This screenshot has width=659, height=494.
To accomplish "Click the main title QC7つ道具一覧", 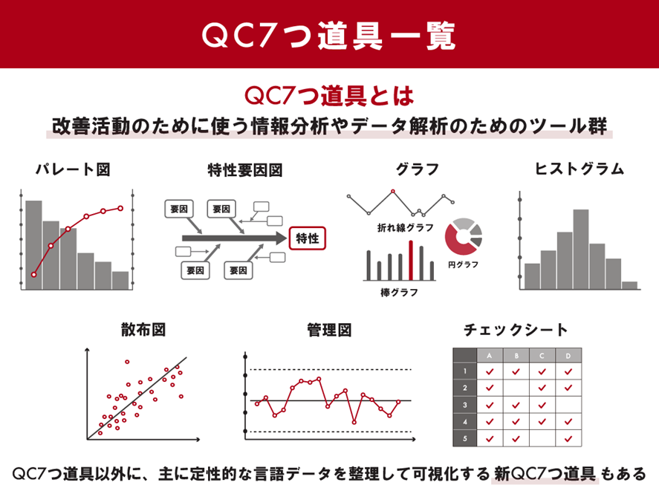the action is pos(329,36).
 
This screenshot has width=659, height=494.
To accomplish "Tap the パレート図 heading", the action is pos(73,169).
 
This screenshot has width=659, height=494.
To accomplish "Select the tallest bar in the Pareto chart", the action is pos(33,245).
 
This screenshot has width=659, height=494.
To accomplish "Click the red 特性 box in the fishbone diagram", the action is pos(308,238).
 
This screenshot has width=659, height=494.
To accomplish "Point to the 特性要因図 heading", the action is pos(245,170).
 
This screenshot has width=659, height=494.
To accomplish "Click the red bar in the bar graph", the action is pos(411,261).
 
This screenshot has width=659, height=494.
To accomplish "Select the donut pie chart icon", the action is pos(464,236).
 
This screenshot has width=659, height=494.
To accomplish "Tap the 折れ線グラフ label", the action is pos(405,227).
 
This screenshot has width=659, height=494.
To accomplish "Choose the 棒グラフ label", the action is pos(399,293).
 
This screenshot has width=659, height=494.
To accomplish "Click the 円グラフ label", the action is pos(463,264).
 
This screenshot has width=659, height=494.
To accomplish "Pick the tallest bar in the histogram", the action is pos(580,250).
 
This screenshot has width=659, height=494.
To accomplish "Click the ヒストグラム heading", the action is pos(580,169).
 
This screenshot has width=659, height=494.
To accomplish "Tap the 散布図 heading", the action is pos(143,330).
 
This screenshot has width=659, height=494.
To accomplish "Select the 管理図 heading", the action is pos(329,330).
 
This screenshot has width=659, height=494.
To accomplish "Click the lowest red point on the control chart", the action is pos(354,422).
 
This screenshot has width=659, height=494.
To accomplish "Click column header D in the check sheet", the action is pos(568,356).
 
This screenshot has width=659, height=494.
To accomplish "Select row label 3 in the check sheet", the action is pos(465,405).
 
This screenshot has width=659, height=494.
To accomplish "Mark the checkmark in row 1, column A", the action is pos(490,371).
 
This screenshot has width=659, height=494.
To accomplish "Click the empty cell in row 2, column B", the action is pos(516,388).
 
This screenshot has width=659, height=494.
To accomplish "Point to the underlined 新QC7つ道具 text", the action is pos(545,474).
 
